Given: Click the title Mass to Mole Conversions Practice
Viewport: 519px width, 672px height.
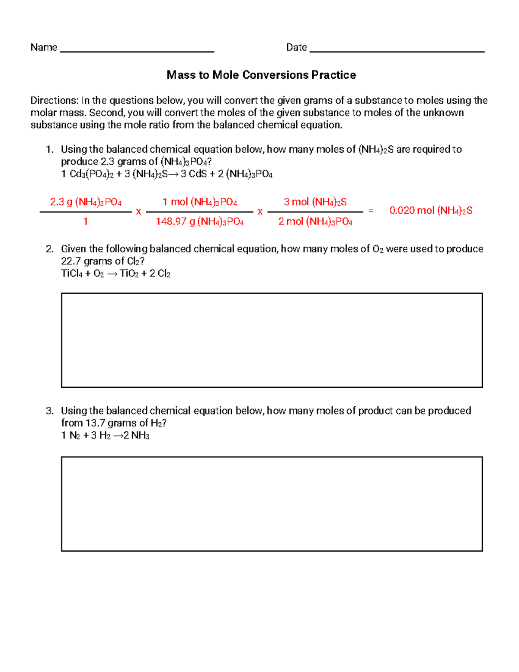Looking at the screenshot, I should pyautogui.click(x=261, y=75).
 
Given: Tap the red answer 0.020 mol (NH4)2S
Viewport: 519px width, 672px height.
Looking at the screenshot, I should pyautogui.click(x=431, y=211).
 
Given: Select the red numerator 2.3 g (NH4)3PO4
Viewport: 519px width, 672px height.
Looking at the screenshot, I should pyautogui.click(x=86, y=202).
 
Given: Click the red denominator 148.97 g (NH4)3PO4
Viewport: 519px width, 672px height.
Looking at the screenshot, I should pyautogui.click(x=200, y=222).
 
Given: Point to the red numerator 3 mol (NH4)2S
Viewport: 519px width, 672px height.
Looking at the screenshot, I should pyautogui.click(x=315, y=202).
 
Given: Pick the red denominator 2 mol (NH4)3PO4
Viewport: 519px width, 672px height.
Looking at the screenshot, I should pyautogui.click(x=315, y=222).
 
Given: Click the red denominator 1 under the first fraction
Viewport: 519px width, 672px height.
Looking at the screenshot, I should pyautogui.click(x=86, y=222).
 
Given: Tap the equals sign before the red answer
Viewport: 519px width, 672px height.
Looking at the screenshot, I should pyautogui.click(x=371, y=211).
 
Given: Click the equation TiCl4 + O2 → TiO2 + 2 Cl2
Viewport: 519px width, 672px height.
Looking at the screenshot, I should pyautogui.click(x=116, y=273).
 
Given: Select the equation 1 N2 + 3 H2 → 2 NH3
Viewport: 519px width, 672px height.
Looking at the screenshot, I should pyautogui.click(x=106, y=435).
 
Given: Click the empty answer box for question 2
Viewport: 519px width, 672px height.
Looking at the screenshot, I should pyautogui.click(x=272, y=340).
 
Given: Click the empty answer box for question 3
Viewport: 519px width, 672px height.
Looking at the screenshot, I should pyautogui.click(x=272, y=504).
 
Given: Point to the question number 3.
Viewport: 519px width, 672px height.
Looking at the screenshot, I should pyautogui.click(x=49, y=411).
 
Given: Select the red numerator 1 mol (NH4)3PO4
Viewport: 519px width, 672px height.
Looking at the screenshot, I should pyautogui.click(x=200, y=202).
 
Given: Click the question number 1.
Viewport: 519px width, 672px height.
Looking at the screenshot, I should pyautogui.click(x=49, y=149).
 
